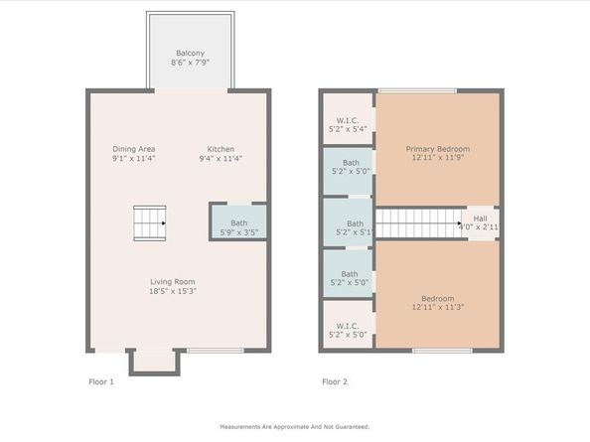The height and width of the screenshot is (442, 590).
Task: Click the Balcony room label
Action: point(191,53)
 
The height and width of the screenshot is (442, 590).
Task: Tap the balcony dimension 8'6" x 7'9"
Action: point(191,63)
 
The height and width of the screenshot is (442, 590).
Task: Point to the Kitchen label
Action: point(220,149)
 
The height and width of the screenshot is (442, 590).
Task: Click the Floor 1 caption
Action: point(101,381)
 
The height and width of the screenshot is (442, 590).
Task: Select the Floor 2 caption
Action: point(334,381)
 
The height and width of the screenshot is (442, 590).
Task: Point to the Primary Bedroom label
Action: point(438,149)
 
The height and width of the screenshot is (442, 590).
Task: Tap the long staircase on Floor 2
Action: point(416,222)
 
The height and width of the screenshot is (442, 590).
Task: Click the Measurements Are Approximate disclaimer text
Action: point(294,426)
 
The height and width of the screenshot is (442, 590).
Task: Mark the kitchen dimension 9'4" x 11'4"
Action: point(220,159)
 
